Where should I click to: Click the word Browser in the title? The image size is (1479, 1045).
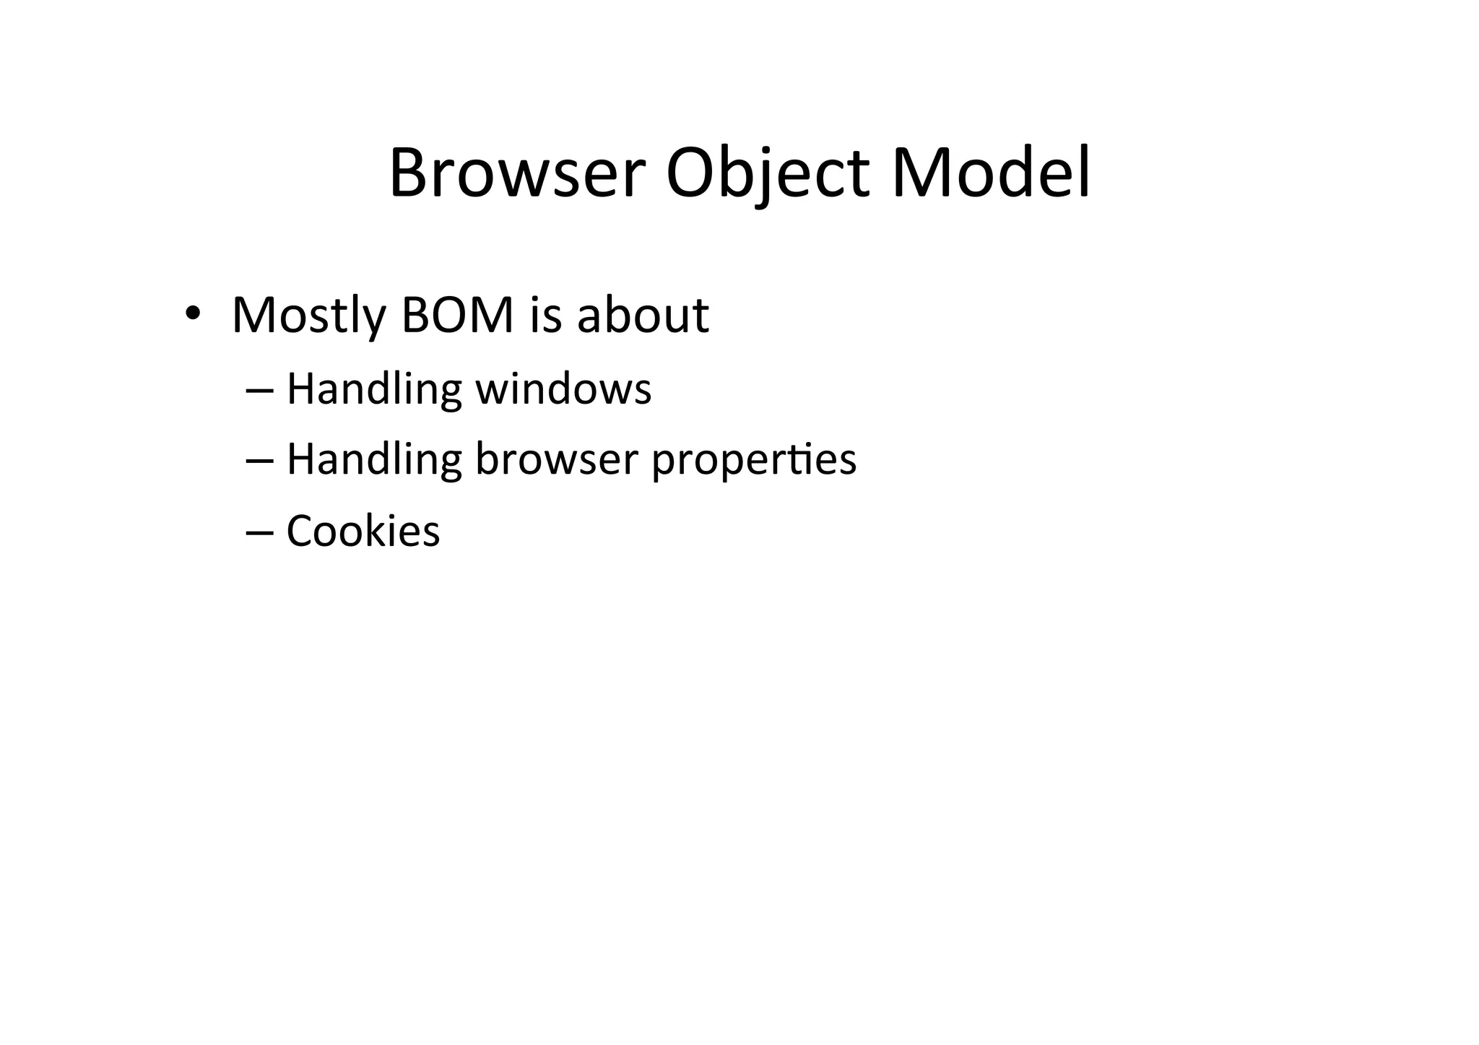(516, 174)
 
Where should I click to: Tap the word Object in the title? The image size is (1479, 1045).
(767, 174)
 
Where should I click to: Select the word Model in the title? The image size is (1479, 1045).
(991, 174)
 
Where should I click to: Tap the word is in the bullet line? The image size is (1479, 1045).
(545, 315)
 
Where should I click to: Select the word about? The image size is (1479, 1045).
(643, 315)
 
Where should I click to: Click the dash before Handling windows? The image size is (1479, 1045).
(259, 390)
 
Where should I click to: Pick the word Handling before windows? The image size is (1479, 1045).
(374, 389)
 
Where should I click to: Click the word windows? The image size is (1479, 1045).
(563, 389)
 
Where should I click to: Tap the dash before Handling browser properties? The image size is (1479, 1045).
(259, 460)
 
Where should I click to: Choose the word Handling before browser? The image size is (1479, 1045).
(374, 459)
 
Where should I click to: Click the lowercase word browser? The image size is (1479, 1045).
(557, 459)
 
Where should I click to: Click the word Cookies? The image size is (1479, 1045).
(363, 532)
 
